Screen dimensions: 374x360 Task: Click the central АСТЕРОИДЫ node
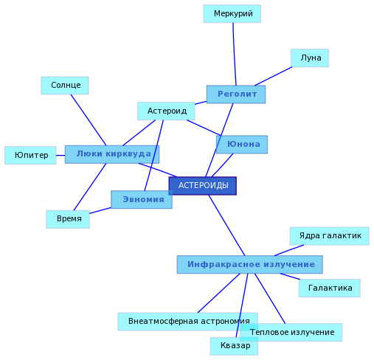[x=203, y=186]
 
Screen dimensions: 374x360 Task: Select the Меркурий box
[x=232, y=14]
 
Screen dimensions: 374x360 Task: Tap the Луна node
[x=310, y=58]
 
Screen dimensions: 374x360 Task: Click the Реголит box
[x=236, y=94]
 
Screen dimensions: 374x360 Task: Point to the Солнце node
[x=65, y=86]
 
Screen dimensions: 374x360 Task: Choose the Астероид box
[x=166, y=111]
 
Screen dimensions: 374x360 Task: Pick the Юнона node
[x=242, y=145]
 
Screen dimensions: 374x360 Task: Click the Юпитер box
[x=30, y=156]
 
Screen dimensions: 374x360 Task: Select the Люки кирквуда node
[x=112, y=154]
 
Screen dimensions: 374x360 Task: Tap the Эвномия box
[x=142, y=199]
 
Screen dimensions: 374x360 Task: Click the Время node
[x=68, y=219]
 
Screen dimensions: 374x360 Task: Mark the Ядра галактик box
[x=330, y=236]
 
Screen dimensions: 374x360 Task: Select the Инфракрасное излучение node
[x=250, y=265]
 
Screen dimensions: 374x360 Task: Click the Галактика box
[x=330, y=288]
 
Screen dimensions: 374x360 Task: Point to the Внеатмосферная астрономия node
[x=188, y=322]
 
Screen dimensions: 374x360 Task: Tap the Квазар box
[x=234, y=346]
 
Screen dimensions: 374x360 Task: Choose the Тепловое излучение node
[x=291, y=333]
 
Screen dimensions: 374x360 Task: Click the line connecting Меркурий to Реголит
[x=235, y=54]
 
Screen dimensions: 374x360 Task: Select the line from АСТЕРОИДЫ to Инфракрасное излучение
[x=226, y=225]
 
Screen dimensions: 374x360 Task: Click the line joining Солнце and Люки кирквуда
[x=89, y=120]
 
